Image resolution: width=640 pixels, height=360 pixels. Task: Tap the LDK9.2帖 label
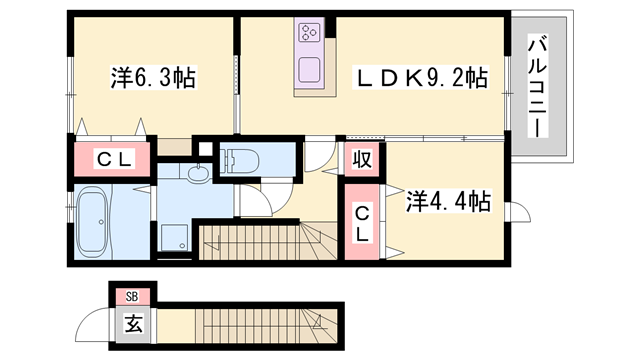point(425,76)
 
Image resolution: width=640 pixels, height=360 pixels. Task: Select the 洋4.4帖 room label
point(447,202)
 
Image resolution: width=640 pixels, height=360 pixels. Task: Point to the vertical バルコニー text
point(536,88)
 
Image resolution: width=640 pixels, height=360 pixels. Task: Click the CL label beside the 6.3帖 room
point(110,158)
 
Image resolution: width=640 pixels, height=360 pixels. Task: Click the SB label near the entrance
point(131,296)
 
